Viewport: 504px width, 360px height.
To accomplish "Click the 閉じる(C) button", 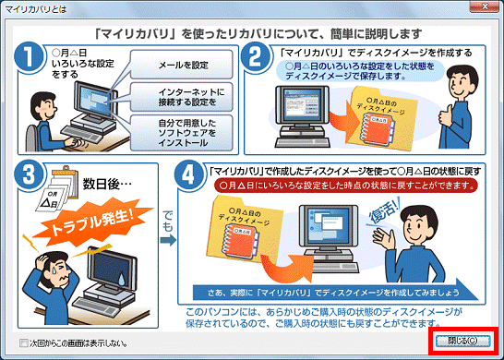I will pos(464,340).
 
